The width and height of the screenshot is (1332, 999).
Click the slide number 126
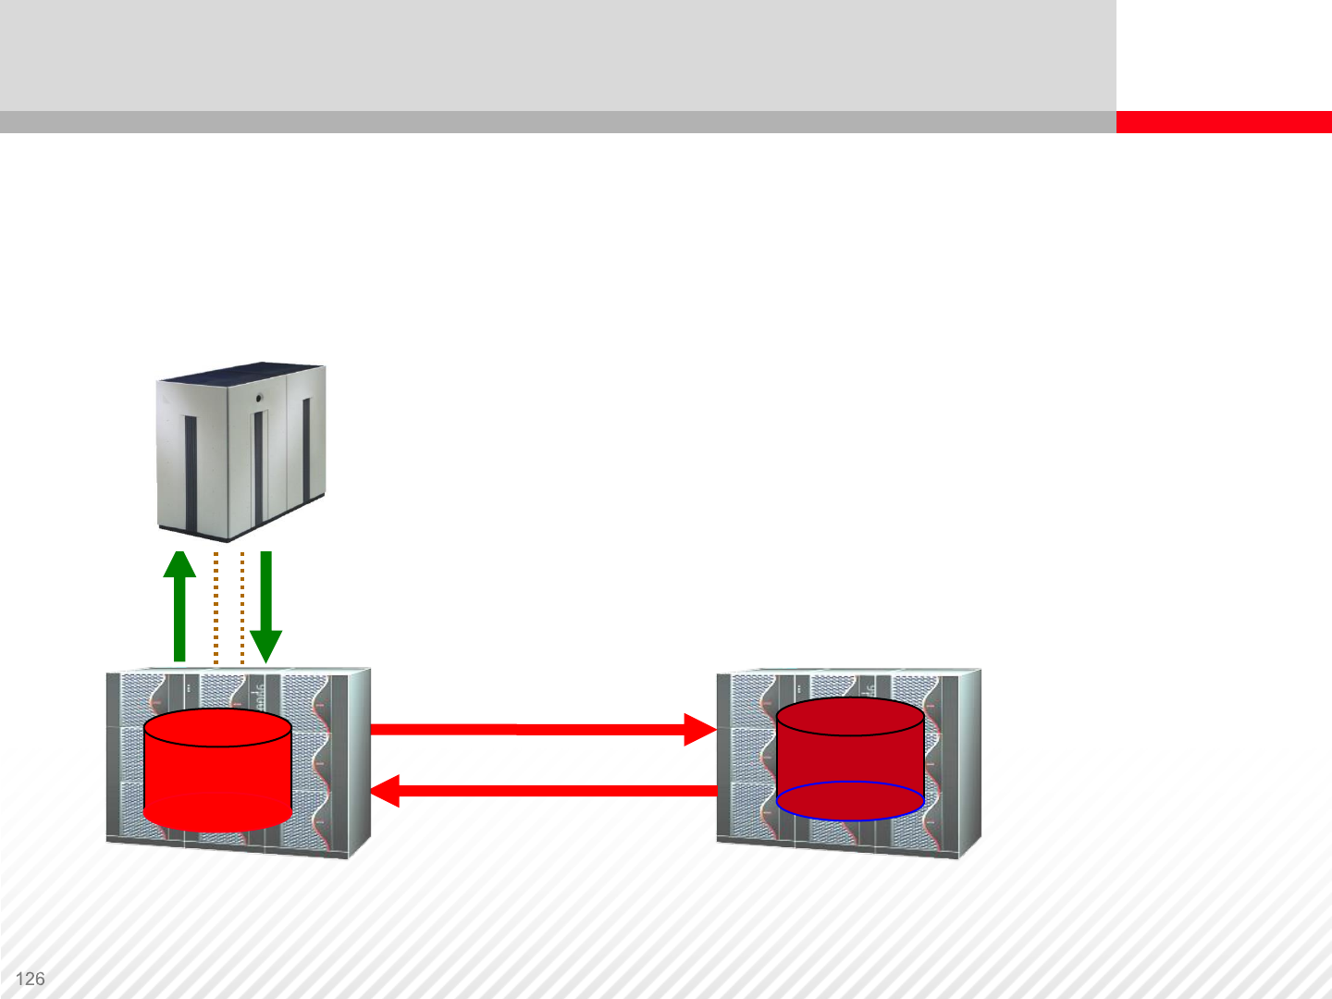coord(31,979)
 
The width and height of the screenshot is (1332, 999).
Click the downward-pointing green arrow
coord(265,601)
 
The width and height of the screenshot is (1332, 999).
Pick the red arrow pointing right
coord(536,729)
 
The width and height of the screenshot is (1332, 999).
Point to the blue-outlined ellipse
coord(850,801)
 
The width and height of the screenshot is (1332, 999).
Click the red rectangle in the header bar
coord(1223,122)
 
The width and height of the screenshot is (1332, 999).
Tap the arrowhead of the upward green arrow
coord(179,564)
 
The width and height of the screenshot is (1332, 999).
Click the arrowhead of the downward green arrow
coord(265,647)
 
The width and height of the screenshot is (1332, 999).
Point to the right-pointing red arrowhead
coord(699,729)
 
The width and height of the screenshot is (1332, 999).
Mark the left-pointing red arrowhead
coord(386,791)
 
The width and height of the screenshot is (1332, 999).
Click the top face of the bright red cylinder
coord(217,728)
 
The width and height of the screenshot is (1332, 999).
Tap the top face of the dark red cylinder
coord(850,717)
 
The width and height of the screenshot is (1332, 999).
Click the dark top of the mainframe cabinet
coord(242,372)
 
